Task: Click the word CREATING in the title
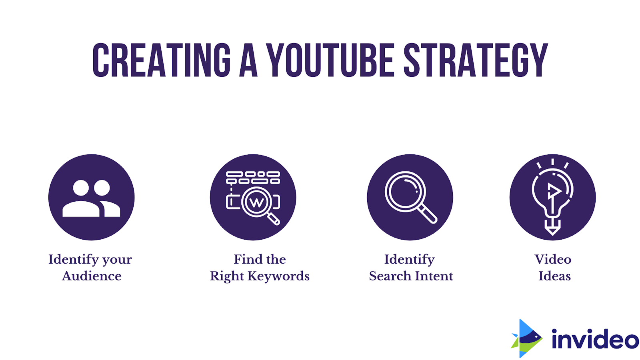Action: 162,60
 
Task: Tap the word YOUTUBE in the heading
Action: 331,60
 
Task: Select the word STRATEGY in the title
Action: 476,60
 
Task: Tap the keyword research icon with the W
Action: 253,198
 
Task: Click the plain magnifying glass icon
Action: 410,198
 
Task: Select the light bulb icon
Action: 552,198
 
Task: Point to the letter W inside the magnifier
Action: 256,202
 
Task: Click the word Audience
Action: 92,276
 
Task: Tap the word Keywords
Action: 278,276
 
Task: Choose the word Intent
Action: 434,276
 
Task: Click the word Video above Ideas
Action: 553,259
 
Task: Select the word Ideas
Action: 554,276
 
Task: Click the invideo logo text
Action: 595,339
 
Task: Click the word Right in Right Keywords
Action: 227,276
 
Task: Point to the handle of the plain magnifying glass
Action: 429,215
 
